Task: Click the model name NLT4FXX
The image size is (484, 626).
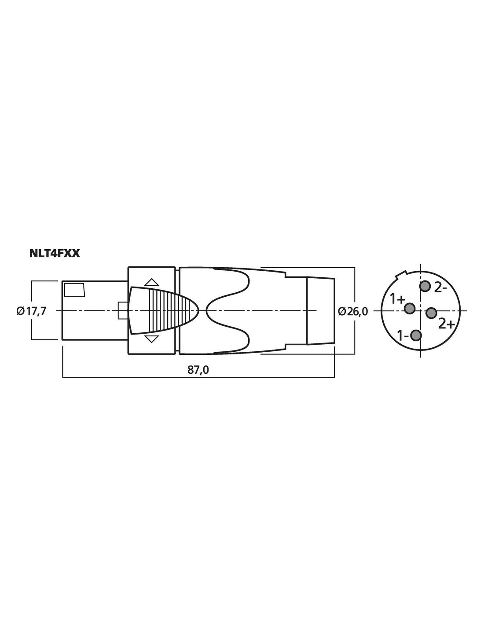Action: pyautogui.click(x=55, y=254)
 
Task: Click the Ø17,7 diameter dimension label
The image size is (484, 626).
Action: pyautogui.click(x=32, y=311)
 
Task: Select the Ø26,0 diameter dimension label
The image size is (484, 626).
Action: pyautogui.click(x=353, y=311)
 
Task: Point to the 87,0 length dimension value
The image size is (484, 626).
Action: pyautogui.click(x=198, y=370)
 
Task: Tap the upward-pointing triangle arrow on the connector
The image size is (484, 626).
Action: pyautogui.click(x=152, y=282)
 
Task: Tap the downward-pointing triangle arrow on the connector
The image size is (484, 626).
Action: pyautogui.click(x=151, y=339)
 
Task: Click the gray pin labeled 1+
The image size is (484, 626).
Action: pyautogui.click(x=410, y=309)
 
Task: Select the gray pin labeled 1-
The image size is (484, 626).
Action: pyautogui.click(x=416, y=335)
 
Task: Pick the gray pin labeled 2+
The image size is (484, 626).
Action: pyautogui.click(x=432, y=313)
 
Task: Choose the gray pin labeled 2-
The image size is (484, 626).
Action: pyautogui.click(x=425, y=286)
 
